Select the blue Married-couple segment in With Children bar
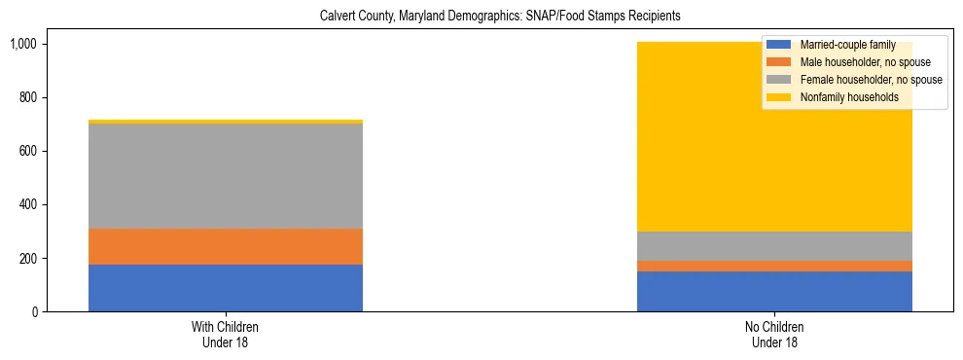click(226, 288)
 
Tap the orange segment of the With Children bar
click(226, 246)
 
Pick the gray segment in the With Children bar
click(226, 176)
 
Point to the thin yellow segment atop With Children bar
click(226, 122)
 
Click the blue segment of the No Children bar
click(774, 291)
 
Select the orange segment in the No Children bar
click(774, 266)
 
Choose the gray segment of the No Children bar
click(774, 245)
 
